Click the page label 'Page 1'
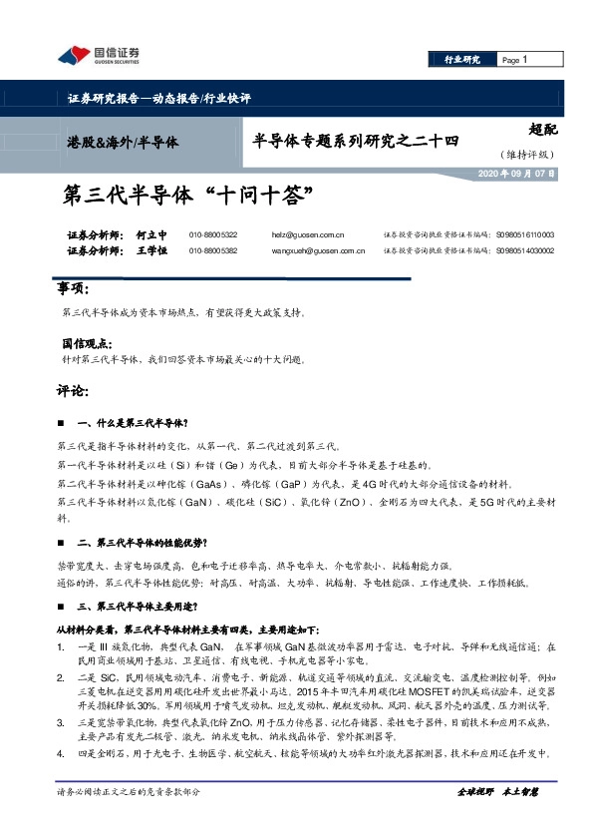pyautogui.click(x=512, y=60)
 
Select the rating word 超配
pyautogui.click(x=541, y=129)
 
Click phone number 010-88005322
pyautogui.click(x=212, y=234)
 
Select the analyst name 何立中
pyautogui.click(x=150, y=234)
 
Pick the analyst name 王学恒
pyautogui.click(x=150, y=251)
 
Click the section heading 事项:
pyautogui.click(x=75, y=289)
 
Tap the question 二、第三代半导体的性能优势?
pyautogui.click(x=141, y=543)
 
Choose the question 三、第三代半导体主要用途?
pyautogui.click(x=141, y=606)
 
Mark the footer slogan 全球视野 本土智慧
pyautogui.click(x=497, y=790)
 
